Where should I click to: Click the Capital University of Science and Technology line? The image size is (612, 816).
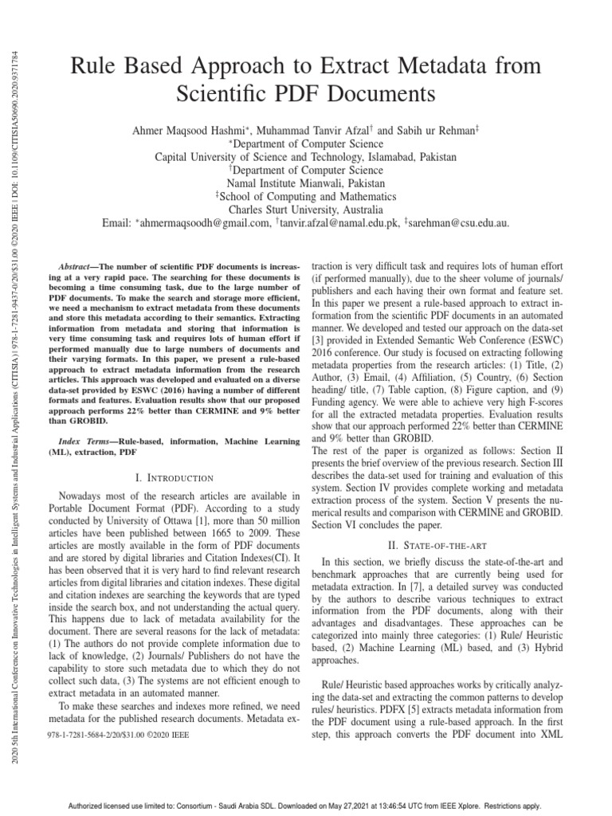(306, 157)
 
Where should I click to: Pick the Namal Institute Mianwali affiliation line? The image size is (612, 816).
(306, 183)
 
